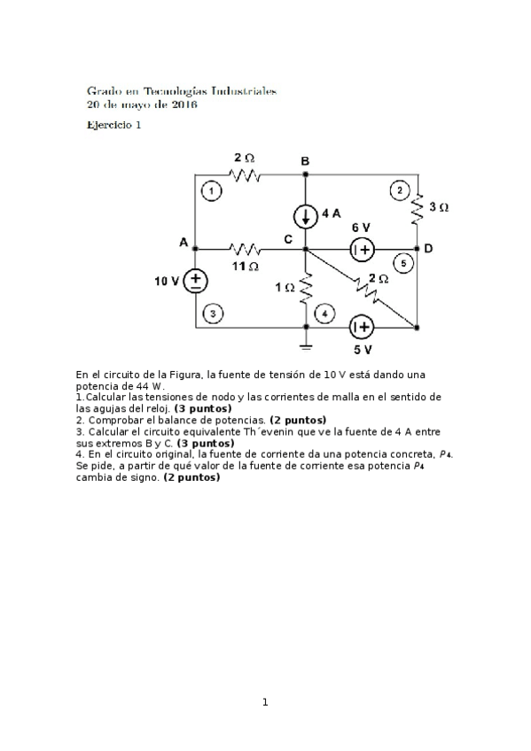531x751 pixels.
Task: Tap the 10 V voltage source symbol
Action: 195,282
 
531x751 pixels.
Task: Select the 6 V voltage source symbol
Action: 362,249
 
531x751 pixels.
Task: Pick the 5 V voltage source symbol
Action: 361,328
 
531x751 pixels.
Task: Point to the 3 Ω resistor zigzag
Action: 418,208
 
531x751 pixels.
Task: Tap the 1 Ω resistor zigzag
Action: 306,287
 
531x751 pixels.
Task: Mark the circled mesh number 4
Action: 326,313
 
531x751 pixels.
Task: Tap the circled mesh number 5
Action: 403,263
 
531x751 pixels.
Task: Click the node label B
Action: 305,161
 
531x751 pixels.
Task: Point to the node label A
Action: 184,243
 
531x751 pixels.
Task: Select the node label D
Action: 428,249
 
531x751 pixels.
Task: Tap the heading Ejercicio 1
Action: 113,125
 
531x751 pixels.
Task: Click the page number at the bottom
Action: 264,702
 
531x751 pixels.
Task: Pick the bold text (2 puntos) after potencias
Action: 298,420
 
